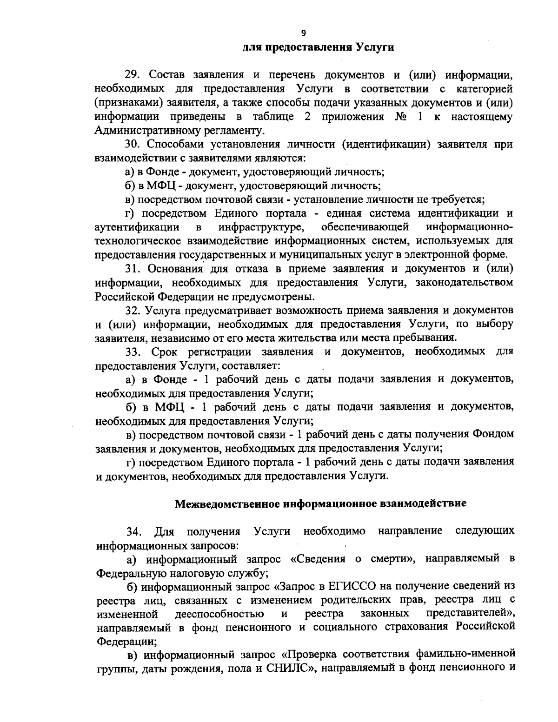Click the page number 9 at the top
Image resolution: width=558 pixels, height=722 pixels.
pos(303,33)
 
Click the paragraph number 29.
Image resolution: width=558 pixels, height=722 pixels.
pos(133,75)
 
